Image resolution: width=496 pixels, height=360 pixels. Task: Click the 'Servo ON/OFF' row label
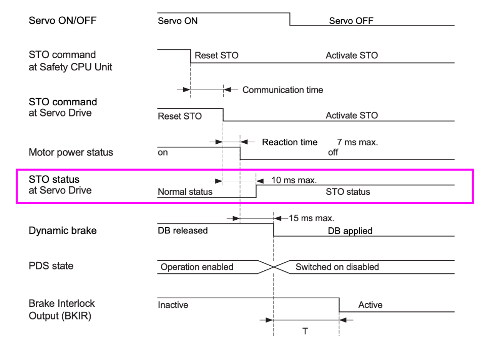[62, 21]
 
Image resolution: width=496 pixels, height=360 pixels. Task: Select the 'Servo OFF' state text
[351, 21]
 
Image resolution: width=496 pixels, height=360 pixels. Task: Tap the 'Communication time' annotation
[282, 90]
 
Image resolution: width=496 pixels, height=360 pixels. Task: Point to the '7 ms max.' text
[357, 142]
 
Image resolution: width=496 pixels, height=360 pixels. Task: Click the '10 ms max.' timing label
[294, 180]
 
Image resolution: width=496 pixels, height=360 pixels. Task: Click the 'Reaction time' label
[290, 142]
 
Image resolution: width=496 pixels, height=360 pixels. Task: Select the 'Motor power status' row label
[71, 152]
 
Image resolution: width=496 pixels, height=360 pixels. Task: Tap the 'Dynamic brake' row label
[62, 230]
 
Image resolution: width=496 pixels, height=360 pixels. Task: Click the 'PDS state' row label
[51, 266]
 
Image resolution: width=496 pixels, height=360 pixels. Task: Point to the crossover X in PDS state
[274, 267]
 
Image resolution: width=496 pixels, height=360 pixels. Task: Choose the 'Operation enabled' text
[197, 267]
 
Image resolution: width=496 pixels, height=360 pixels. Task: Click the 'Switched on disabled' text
[337, 267]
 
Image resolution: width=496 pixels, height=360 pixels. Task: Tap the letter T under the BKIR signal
[305, 331]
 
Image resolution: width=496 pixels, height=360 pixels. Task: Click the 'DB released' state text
[183, 230]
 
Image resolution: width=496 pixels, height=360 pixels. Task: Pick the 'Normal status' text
[185, 192]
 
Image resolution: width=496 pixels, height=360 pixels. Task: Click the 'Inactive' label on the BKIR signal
[173, 305]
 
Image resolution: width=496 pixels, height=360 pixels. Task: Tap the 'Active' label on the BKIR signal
[370, 305]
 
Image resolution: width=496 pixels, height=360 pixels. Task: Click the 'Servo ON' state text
[178, 21]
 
